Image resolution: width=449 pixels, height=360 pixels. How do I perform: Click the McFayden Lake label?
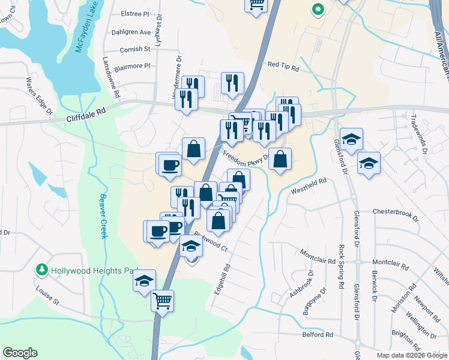click(x=86, y=35)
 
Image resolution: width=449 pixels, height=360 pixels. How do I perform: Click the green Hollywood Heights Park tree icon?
click(x=42, y=270)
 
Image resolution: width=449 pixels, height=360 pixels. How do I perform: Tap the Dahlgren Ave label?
click(x=132, y=32)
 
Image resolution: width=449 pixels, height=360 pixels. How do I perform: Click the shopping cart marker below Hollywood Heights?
click(x=162, y=299)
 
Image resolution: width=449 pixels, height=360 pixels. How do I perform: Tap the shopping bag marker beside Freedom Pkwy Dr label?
click(x=280, y=159)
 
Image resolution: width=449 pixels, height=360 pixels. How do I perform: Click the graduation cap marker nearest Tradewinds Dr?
click(x=369, y=163)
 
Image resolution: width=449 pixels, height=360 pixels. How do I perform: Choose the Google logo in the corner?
click(x=20, y=352)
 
